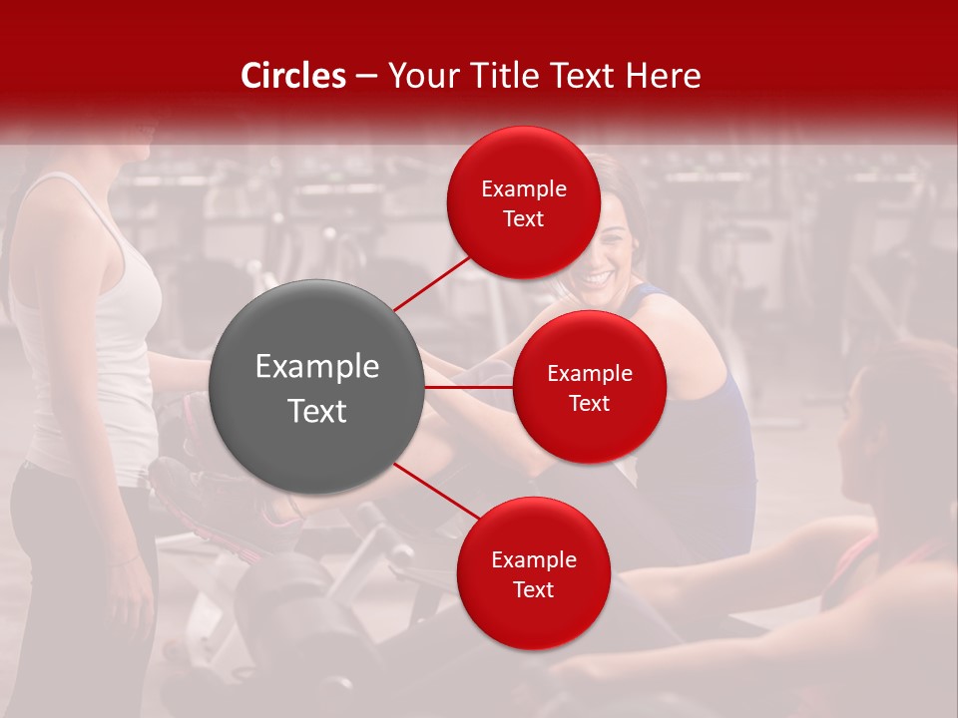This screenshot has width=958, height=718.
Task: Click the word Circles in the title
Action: pyautogui.click(x=293, y=76)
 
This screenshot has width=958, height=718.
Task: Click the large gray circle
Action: pyautogui.click(x=316, y=387)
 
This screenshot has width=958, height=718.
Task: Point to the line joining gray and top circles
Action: pyautogui.click(x=432, y=283)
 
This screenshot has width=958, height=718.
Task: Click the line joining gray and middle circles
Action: pyautogui.click(x=469, y=387)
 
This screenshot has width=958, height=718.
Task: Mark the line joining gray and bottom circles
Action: pyautogui.click(x=439, y=492)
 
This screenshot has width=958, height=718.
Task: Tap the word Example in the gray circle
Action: pyautogui.click(x=316, y=366)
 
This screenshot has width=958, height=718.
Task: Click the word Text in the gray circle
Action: pyautogui.click(x=316, y=410)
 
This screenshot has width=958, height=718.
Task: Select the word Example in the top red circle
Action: pyautogui.click(x=523, y=188)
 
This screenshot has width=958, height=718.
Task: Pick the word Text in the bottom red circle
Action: pyautogui.click(x=533, y=589)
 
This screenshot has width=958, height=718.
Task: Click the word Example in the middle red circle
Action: pyautogui.click(x=589, y=373)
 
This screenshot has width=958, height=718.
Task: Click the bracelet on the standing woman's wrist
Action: pyautogui.click(x=124, y=562)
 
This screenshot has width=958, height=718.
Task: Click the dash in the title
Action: pyautogui.click(x=366, y=76)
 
